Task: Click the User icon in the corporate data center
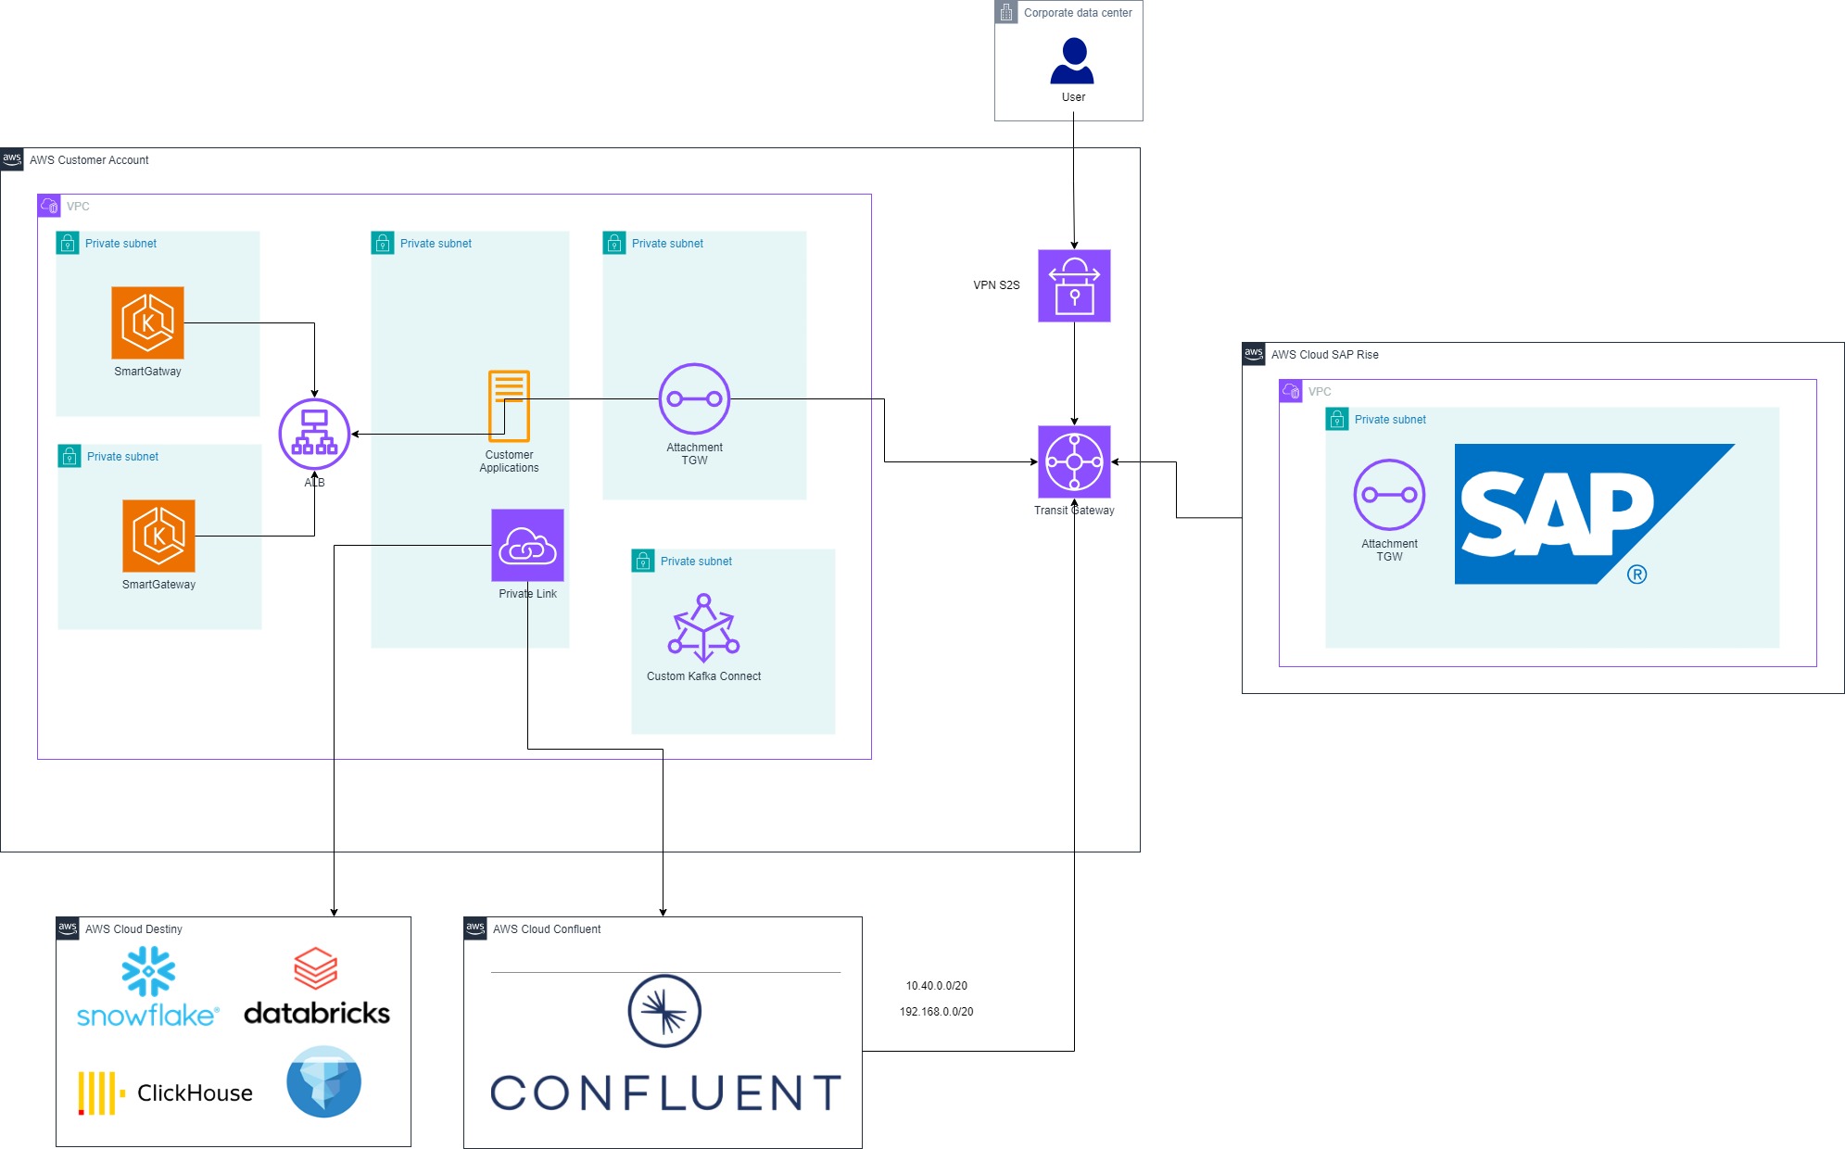(1073, 61)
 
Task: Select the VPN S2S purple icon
(1074, 285)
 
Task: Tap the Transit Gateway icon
(1074, 461)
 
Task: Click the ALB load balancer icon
(314, 434)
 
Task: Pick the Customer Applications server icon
(509, 406)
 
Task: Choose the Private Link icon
(527, 545)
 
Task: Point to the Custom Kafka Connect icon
(704, 628)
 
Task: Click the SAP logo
(1575, 514)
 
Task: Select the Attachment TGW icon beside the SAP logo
(1389, 495)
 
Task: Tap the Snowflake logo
(148, 988)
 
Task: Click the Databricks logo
(317, 988)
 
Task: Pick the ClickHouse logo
(167, 1093)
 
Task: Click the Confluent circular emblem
(664, 1011)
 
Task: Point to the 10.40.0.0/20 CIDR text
(936, 986)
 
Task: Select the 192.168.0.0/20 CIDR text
(936, 1012)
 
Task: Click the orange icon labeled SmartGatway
(147, 322)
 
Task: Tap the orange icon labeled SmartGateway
(158, 536)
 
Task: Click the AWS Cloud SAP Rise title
(1324, 355)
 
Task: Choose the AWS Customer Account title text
(89, 160)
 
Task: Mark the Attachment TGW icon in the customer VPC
(694, 398)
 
